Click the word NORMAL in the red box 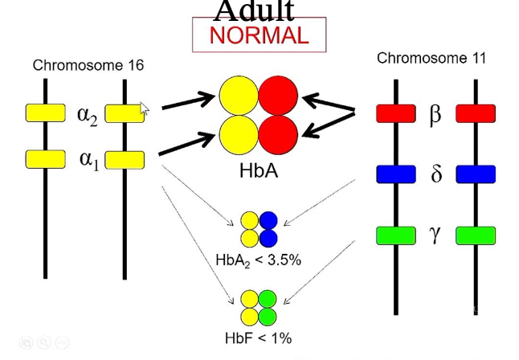click(259, 35)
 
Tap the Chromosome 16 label click(88, 65)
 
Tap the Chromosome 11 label click(431, 58)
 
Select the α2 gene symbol click(87, 114)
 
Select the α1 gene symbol click(88, 159)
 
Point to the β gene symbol click(435, 115)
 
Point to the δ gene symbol click(436, 174)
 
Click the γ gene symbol click(435, 234)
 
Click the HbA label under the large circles click(259, 170)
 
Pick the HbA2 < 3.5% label click(258, 260)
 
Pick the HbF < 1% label click(258, 337)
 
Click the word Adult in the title click(255, 10)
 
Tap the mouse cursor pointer click(145, 110)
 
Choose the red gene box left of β click(395, 113)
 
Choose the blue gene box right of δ click(475, 174)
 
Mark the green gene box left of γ click(395, 235)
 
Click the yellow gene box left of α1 click(45, 159)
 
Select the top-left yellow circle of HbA click(239, 96)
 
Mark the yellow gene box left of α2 click(45, 113)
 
